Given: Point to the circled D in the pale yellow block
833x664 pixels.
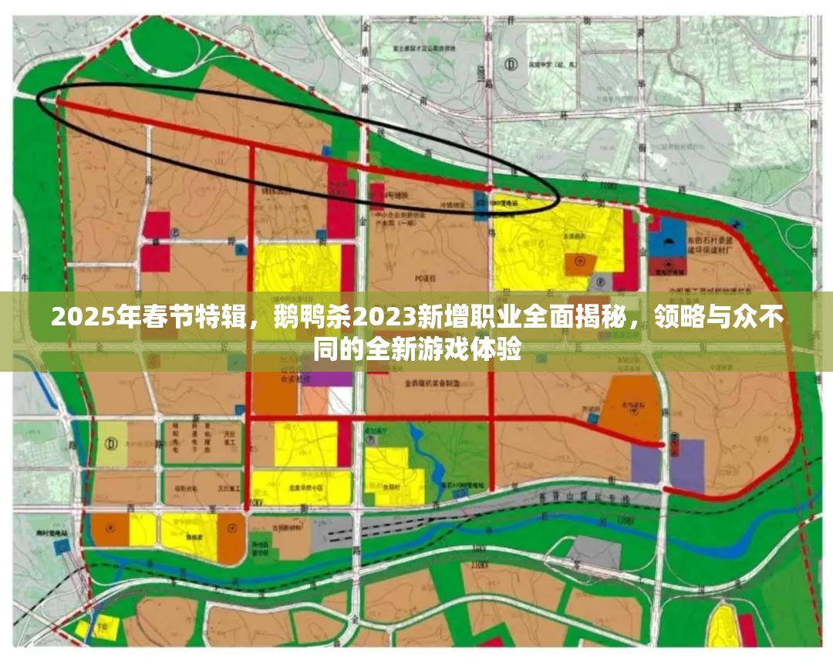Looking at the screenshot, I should pyautogui.click(x=112, y=443).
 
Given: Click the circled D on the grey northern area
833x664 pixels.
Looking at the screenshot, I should pyautogui.click(x=510, y=66).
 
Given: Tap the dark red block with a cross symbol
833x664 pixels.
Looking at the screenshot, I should pyautogui.click(x=668, y=267).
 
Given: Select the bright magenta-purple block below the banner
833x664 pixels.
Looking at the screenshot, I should pyautogui.click(x=327, y=379).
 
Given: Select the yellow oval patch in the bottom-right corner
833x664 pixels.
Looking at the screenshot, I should pyautogui.click(x=724, y=627).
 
